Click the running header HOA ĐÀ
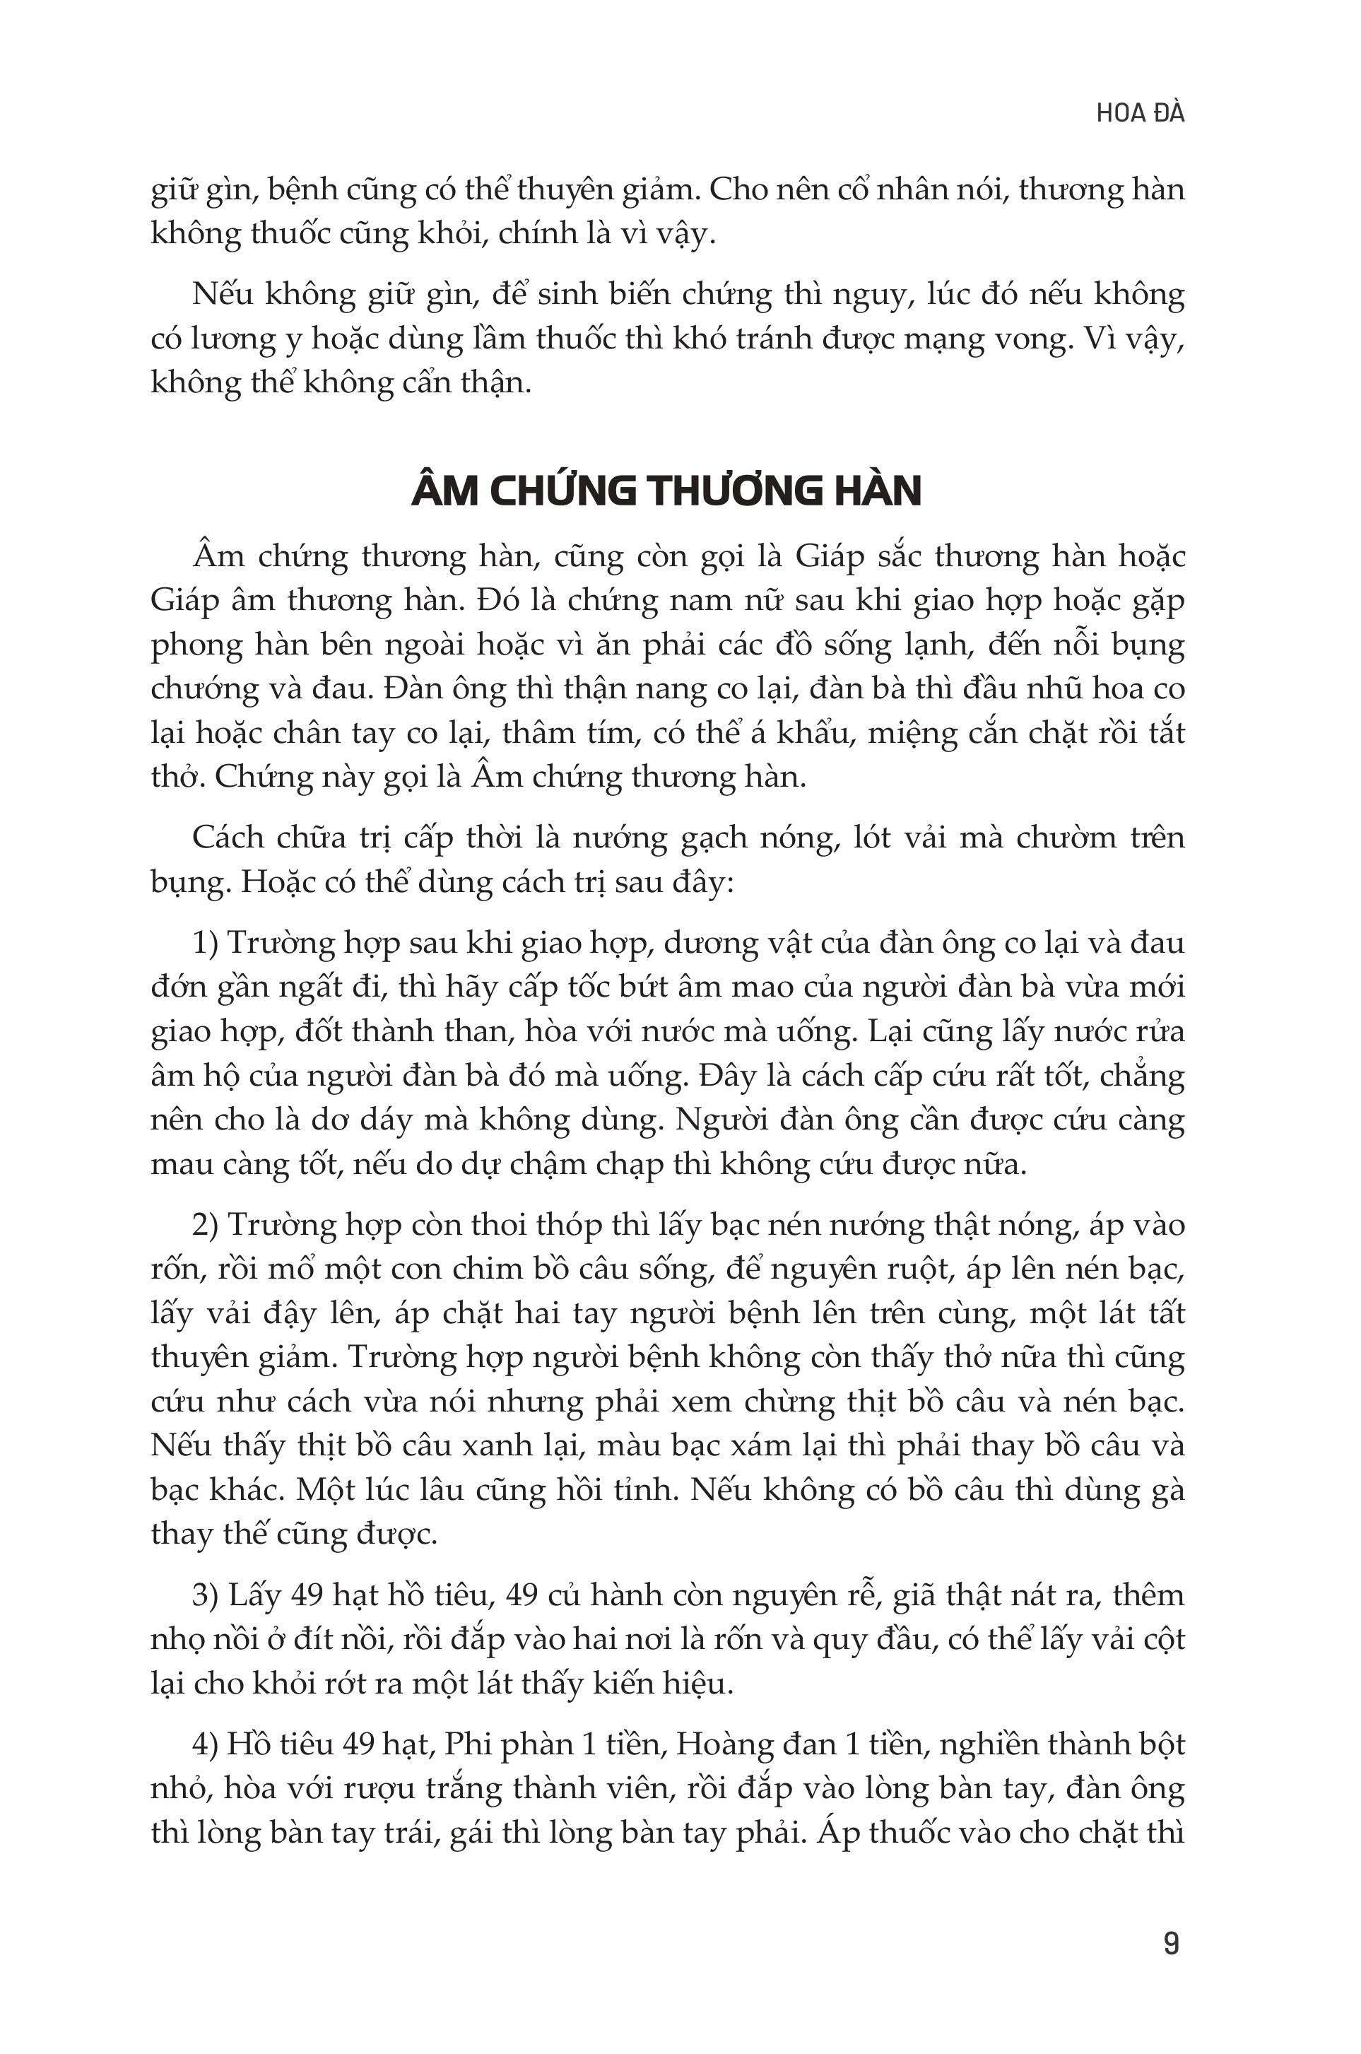1140,114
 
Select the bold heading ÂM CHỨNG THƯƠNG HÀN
666,492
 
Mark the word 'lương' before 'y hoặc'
232,339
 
